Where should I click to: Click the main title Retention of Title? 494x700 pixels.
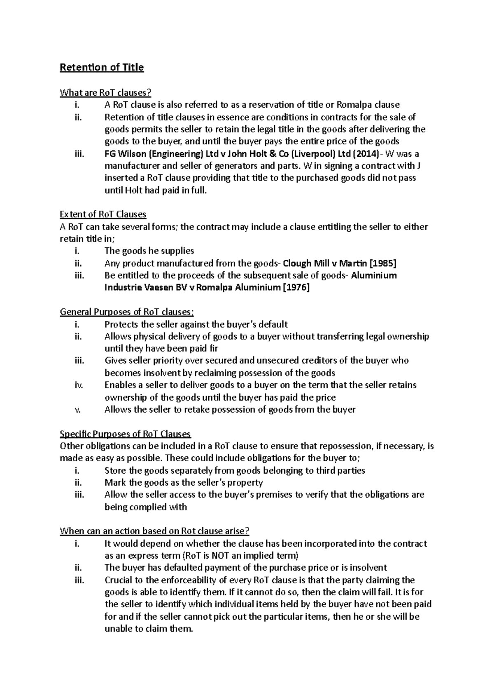tap(102, 67)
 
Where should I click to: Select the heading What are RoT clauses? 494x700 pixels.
tap(109, 92)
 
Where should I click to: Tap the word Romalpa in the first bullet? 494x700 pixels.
tap(362, 105)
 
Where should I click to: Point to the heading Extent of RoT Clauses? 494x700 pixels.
tap(103, 214)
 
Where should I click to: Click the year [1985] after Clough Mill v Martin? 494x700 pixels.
tap(383, 263)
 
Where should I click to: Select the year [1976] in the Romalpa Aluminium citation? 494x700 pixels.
tap(294, 288)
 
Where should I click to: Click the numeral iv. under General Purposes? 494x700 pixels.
tap(79, 385)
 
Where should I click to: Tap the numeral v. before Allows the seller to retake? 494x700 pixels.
tap(78, 410)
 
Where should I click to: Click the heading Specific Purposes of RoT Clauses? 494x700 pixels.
tap(125, 434)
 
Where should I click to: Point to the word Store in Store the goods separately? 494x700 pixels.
tap(116, 471)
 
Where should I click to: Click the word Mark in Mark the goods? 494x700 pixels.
tap(115, 483)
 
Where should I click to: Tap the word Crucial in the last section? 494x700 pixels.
tap(118, 580)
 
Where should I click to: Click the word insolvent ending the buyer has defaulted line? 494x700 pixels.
tap(369, 568)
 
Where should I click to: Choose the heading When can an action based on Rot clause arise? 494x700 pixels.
tap(155, 531)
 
